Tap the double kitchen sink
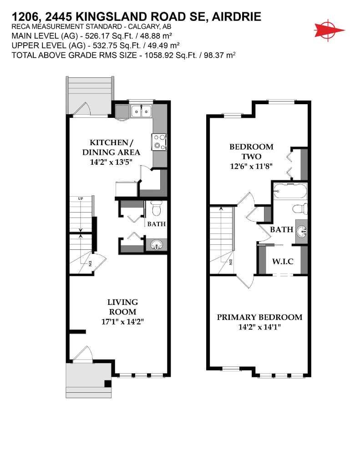141,111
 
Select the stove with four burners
160,142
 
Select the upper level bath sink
301,231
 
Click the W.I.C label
282,262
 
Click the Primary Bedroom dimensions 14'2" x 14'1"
259,327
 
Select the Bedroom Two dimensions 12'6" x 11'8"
251,167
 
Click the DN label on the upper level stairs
230,262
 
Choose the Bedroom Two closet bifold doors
290,164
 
